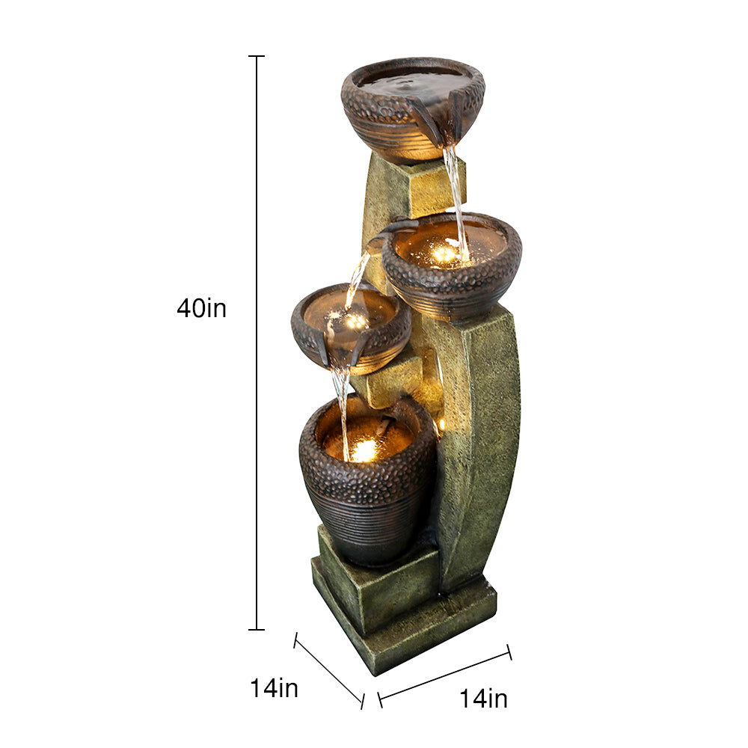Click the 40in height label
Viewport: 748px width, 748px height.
click(x=201, y=308)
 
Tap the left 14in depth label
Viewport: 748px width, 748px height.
click(x=275, y=688)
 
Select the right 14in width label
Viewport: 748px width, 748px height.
click(x=483, y=699)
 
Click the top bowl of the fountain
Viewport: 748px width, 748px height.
click(x=413, y=108)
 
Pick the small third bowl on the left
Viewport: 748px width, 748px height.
click(x=351, y=328)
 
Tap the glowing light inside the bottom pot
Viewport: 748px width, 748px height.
click(x=364, y=449)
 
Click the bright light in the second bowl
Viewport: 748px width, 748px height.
click(x=444, y=253)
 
